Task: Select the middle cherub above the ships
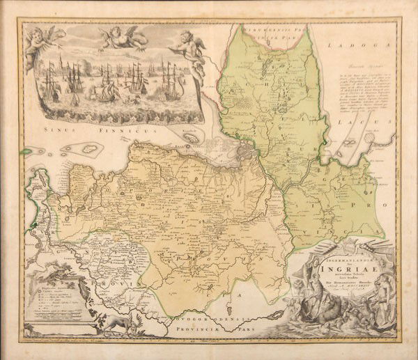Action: pyautogui.click(x=118, y=36)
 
